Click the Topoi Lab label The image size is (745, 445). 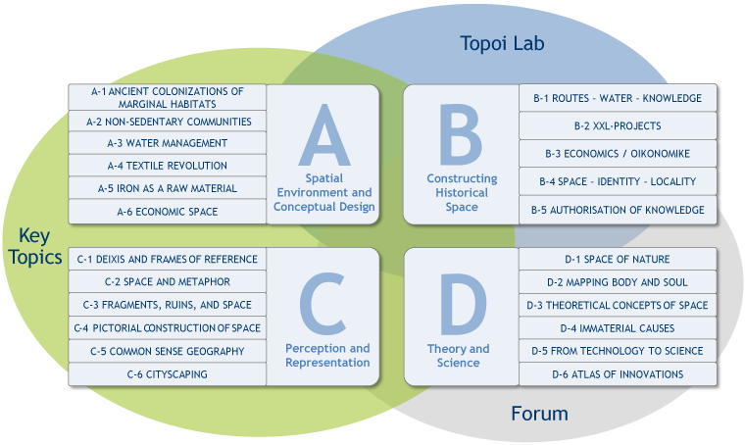[502, 43]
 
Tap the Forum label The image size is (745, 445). [539, 413]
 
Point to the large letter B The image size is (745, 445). [462, 134]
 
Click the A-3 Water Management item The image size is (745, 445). [168, 143]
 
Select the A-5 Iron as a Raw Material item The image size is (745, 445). [168, 188]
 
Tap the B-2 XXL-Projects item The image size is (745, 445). [618, 125]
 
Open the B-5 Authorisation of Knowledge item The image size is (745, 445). [618, 210]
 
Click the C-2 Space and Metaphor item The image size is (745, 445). [168, 281]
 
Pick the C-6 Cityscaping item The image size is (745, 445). [168, 373]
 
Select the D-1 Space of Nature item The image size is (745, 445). [618, 259]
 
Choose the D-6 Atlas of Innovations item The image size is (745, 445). [618, 373]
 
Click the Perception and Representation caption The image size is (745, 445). [327, 356]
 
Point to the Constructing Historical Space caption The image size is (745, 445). [462, 193]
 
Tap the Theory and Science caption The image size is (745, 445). [458, 356]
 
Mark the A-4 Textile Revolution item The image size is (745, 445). [168, 166]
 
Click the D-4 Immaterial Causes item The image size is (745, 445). [618, 328]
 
